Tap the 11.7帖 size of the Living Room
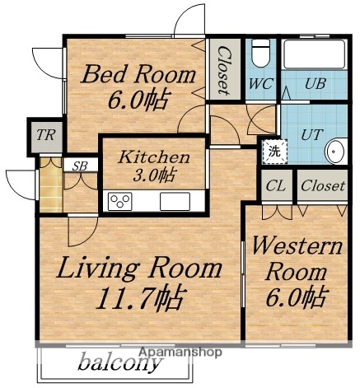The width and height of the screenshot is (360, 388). pos(139,296)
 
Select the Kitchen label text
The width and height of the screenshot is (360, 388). pos(154,157)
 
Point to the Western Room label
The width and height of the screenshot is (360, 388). pos(296,258)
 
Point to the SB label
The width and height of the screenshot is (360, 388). pos(80,166)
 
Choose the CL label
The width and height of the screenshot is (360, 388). pos(276,186)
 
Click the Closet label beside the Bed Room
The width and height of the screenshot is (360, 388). pos(223,69)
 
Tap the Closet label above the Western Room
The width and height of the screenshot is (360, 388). pos(322,186)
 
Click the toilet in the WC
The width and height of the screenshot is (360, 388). pos(260,54)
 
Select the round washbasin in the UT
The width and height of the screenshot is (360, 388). pos(334,152)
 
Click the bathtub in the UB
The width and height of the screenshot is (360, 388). pos(315,56)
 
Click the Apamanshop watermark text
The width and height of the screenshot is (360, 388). pos(180,352)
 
